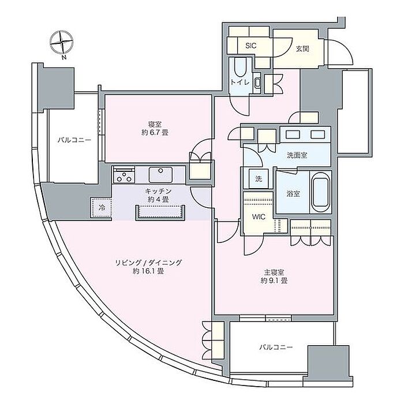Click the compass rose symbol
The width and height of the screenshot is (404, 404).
click(x=62, y=43)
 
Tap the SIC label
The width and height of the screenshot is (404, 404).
click(x=250, y=46)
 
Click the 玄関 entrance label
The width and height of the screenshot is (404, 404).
click(x=302, y=48)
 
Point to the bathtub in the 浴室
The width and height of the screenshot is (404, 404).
click(x=320, y=192)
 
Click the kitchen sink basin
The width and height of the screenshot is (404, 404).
click(x=161, y=175)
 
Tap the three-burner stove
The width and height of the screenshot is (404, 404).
click(x=124, y=175)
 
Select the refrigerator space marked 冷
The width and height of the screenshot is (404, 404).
click(x=102, y=208)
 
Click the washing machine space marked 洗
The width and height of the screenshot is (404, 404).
click(x=259, y=179)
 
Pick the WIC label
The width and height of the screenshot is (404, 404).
click(x=259, y=217)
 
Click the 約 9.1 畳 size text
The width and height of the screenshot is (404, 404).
click(x=274, y=280)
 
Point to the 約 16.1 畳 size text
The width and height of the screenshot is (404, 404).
click(x=148, y=271)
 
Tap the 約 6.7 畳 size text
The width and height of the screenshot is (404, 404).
click(x=155, y=133)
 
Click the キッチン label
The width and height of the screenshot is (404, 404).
click(x=158, y=191)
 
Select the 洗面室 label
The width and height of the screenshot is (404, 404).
click(x=297, y=155)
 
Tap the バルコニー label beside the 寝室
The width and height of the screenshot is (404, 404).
click(x=74, y=140)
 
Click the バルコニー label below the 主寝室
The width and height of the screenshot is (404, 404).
click(x=276, y=347)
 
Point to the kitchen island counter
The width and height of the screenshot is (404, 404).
click(x=160, y=213)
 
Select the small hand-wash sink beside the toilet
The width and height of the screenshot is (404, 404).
click(x=257, y=83)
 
